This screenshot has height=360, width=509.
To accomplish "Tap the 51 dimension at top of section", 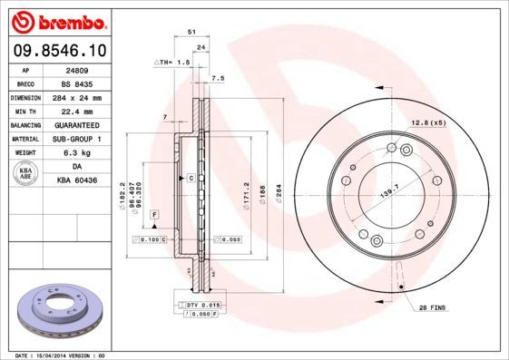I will pos(191,32).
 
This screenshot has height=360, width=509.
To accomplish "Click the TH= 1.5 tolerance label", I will pos(172,63).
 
